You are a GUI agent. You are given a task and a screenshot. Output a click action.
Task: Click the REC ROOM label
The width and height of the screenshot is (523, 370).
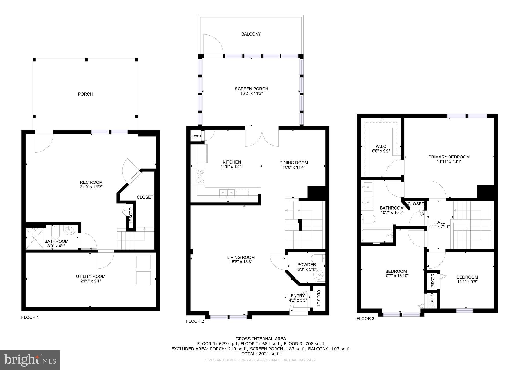(x=91, y=182)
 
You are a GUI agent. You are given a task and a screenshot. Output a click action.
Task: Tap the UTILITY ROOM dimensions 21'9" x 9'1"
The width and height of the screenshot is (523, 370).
(x=90, y=281)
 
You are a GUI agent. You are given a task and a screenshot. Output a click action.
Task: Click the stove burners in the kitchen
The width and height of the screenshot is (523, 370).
(x=200, y=176)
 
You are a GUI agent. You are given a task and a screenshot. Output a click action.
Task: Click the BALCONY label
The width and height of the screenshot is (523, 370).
(x=251, y=34)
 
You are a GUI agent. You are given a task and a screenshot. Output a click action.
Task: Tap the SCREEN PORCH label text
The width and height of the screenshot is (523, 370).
(x=251, y=89)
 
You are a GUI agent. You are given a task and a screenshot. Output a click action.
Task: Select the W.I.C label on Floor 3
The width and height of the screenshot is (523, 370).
(x=381, y=146)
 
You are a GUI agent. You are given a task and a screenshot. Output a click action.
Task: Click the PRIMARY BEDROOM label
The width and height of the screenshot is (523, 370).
(x=449, y=157)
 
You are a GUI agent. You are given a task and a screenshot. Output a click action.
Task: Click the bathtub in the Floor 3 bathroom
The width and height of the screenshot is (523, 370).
(x=377, y=235)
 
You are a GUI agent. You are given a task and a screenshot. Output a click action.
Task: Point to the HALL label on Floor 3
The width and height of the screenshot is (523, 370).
(x=439, y=222)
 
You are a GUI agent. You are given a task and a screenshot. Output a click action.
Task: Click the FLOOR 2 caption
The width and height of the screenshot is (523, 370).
(x=195, y=321)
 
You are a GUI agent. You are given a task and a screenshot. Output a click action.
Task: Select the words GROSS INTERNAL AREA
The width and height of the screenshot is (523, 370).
(x=260, y=339)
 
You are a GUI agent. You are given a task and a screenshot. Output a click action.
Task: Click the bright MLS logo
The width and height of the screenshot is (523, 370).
(x=30, y=360)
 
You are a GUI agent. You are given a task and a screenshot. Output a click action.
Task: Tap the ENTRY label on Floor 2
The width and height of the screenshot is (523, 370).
(x=298, y=296)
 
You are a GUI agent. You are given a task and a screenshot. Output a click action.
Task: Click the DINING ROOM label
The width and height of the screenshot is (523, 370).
(x=294, y=163)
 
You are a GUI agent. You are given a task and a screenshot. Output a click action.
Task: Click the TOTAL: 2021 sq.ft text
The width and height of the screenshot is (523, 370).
(x=260, y=354)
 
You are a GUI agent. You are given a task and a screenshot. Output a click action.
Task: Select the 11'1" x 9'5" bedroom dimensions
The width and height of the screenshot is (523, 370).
(x=467, y=282)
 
